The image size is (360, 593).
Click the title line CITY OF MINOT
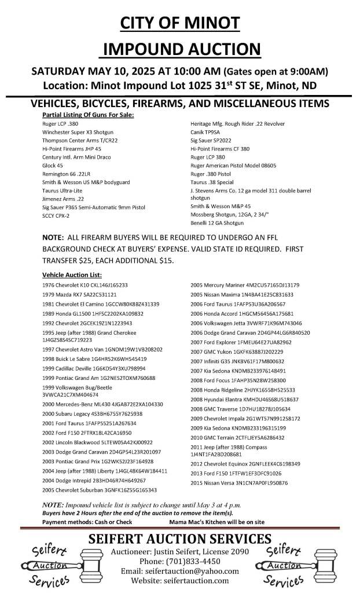click(179, 23)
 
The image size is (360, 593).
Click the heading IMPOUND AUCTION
click(179, 49)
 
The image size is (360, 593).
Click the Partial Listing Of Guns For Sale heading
click(88, 115)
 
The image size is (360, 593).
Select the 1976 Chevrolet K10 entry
click(85, 285)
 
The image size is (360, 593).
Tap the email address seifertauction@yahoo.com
click(179, 571)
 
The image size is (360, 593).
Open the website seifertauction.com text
click(179, 581)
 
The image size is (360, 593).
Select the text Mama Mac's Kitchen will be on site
click(255, 522)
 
